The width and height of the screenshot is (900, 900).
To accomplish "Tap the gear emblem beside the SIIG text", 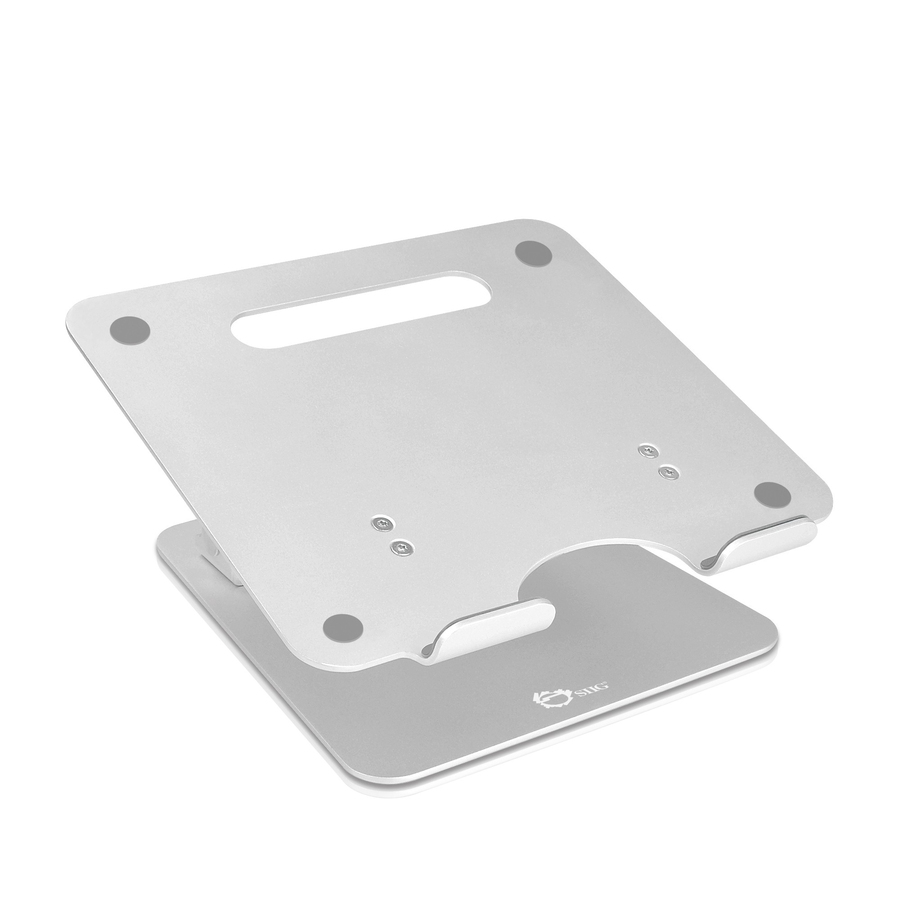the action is click(x=554, y=699).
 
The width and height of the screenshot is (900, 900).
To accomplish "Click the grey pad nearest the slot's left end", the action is click(x=130, y=331).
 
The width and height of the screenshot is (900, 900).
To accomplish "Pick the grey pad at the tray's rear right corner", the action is click(x=533, y=253).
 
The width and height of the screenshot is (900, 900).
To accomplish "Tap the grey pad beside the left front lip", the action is click(x=343, y=627).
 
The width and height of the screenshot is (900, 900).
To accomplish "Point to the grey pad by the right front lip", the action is click(x=773, y=494).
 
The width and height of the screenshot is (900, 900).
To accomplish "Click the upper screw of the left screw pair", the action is click(x=382, y=523).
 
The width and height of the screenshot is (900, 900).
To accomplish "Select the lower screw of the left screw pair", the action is click(x=401, y=547).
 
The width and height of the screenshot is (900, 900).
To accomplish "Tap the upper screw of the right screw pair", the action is click(x=648, y=451).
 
